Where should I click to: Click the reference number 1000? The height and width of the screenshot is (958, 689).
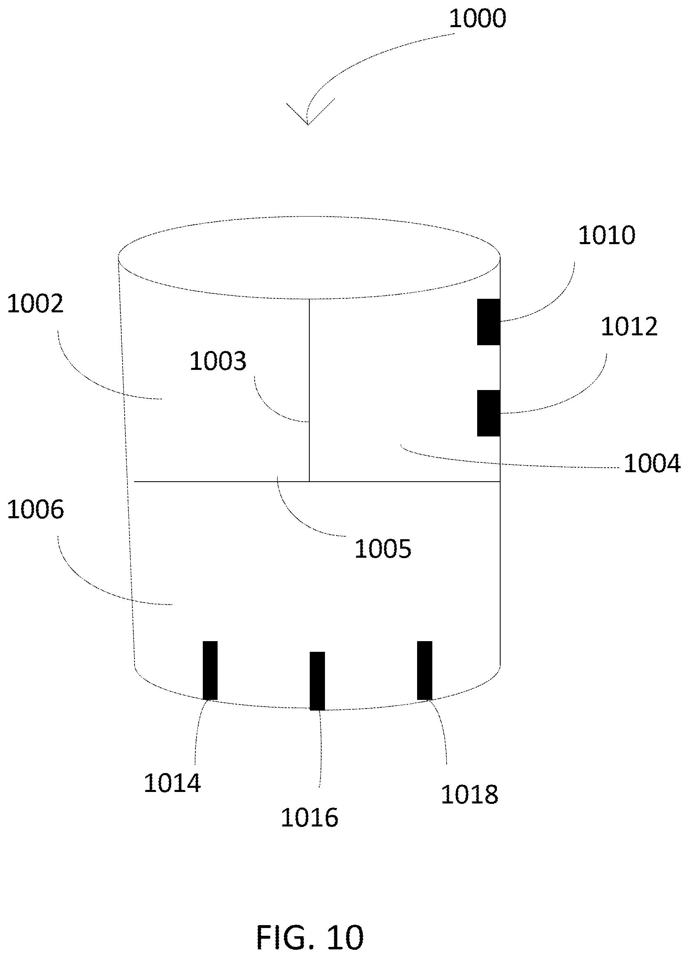[x=477, y=19]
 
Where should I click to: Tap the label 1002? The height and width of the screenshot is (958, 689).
[x=35, y=304]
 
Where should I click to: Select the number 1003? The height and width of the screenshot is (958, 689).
[x=218, y=362]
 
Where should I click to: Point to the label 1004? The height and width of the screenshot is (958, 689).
[x=652, y=463]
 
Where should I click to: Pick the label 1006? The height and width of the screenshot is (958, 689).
[x=35, y=510]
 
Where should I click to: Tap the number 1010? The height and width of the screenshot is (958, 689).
[x=607, y=235]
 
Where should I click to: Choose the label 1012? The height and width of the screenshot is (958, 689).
[x=629, y=326]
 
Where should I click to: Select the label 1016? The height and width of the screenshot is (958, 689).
[x=309, y=818]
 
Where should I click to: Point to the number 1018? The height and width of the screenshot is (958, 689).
[x=470, y=794]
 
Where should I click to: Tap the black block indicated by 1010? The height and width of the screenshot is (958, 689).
[x=489, y=322]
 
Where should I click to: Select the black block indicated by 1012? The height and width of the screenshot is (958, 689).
[x=489, y=413]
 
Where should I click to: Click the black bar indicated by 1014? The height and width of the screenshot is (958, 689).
[x=210, y=670]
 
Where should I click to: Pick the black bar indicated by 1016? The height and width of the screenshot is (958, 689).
[x=318, y=681]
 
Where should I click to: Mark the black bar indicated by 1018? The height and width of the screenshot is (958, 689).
[x=425, y=670]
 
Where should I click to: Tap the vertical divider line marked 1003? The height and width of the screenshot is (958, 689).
[x=309, y=390]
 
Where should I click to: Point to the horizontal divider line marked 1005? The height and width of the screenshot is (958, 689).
[x=317, y=481]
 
